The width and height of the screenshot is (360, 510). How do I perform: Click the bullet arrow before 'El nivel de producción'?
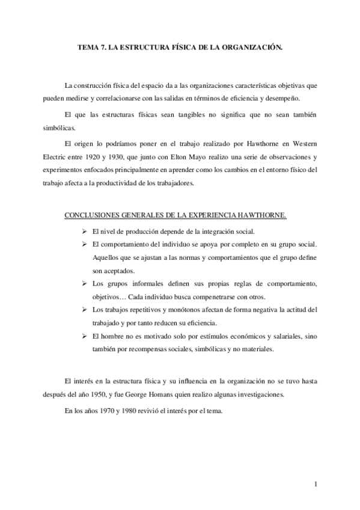coord(84,232)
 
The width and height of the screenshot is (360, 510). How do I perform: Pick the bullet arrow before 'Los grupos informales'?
coord(84,283)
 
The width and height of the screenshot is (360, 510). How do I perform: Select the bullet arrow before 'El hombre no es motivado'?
coord(84,336)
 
